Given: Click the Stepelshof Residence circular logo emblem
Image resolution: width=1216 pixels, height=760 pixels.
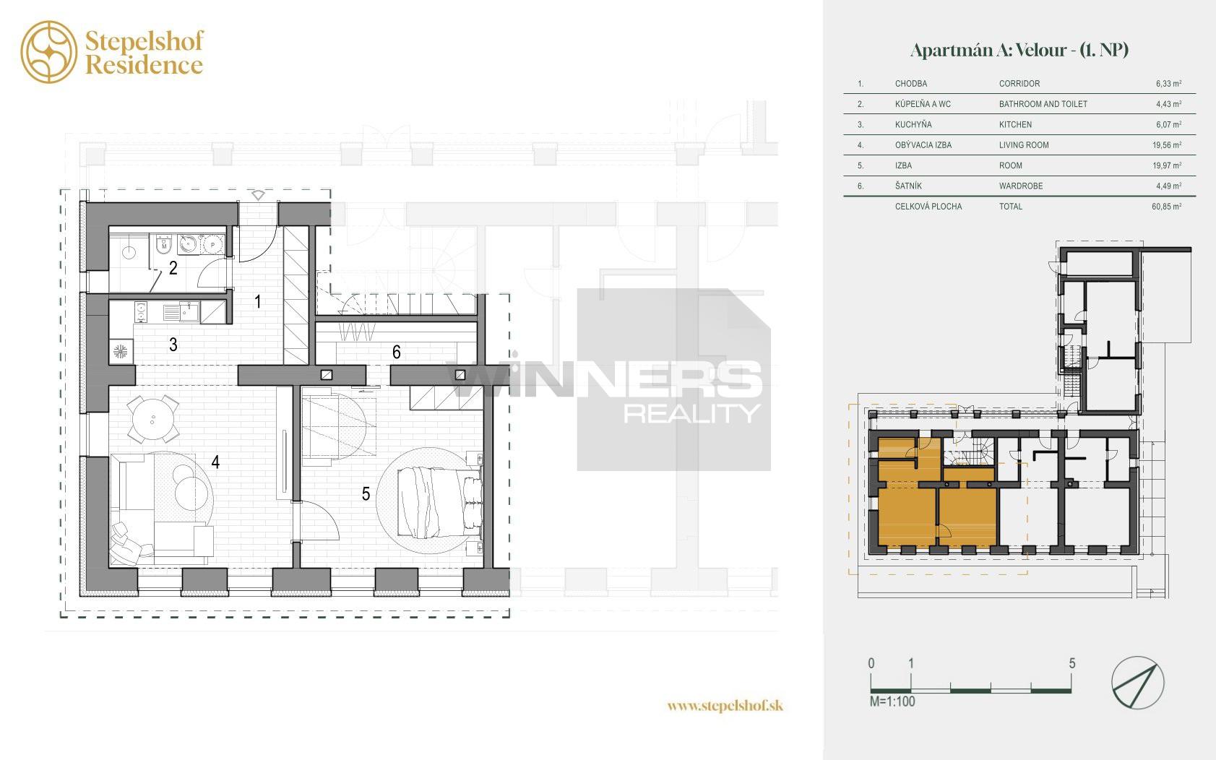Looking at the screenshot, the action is pos(49,52).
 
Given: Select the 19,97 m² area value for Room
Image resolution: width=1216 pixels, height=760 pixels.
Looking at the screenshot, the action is pos(1167,165).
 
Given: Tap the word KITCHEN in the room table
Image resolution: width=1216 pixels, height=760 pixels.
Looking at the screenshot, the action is pos(1015,124).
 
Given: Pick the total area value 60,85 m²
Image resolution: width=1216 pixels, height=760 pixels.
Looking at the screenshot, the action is pos(1167,207).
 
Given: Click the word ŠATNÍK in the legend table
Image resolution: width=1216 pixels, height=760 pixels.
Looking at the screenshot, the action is pos(908,186).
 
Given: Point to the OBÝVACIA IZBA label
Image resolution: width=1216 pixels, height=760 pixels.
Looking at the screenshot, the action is pos(923,145).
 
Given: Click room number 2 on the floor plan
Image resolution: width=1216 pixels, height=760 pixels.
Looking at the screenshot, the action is pos(173,267).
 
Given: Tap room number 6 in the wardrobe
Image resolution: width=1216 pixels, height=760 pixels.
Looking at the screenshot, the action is pos(396,353).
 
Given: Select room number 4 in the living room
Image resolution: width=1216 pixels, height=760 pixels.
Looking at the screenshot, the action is pos(215,462).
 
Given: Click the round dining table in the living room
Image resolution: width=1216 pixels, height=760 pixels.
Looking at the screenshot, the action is pos(152,419).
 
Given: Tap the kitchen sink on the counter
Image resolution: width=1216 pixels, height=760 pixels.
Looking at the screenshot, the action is pos(189,313).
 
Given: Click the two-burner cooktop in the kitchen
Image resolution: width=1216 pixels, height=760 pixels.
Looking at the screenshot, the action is pos(141,312).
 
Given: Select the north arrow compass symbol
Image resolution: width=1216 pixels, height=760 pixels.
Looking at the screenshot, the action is pos(1138,683).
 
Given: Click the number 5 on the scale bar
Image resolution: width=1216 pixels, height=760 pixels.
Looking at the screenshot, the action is pos(1071,663).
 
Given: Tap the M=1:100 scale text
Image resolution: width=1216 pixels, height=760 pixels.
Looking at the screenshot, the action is pos(892,701).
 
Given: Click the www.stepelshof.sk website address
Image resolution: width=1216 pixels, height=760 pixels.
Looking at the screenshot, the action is pos(725,706).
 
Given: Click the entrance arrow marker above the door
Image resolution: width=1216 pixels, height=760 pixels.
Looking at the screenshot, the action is pos(258,195).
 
